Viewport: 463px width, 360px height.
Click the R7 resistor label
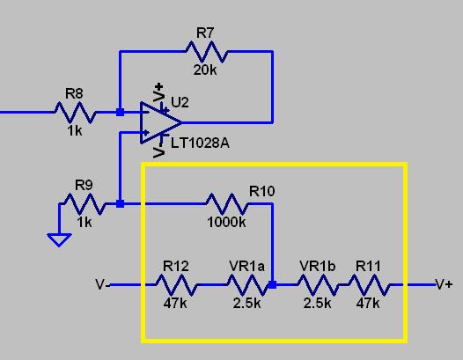205,33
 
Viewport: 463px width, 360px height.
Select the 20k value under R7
205,70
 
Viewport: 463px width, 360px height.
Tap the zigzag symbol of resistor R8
75,112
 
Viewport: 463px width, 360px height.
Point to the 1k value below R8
75,131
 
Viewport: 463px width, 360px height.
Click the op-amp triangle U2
161,122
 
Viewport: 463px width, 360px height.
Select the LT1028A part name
200,143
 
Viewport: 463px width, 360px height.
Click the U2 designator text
180,102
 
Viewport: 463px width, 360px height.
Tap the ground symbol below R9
59,239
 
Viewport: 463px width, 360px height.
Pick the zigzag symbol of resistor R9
85,204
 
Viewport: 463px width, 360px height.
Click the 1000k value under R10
226,222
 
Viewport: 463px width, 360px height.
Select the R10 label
262,191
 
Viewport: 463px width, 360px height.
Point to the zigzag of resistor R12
176,285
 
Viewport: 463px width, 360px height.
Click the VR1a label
246,267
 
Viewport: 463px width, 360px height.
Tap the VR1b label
318,267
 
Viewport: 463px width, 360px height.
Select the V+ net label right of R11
445,284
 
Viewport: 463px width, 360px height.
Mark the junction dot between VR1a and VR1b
273,285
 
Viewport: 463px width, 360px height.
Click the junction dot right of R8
121,112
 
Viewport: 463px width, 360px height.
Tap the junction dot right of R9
121,204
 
